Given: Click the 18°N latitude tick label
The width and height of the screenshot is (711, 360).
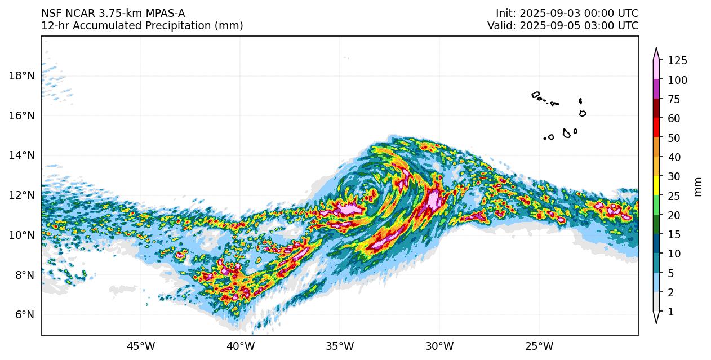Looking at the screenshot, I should tap(21, 76).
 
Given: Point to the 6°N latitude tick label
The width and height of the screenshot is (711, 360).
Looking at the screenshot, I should tap(24, 315).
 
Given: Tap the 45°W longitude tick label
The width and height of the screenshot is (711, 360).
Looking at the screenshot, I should tap(140, 346).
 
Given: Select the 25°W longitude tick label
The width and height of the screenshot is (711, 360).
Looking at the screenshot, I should tap(539, 346).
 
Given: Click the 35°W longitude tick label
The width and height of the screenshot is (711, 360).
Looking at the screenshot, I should tap(340, 346).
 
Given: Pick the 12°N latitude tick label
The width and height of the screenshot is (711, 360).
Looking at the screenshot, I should tap(21, 195).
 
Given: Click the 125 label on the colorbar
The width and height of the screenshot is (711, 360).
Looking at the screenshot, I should tap(677, 61).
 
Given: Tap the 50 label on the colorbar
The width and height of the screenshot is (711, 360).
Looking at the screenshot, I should tap(674, 138).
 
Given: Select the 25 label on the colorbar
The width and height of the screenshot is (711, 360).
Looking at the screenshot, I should tap(674, 195).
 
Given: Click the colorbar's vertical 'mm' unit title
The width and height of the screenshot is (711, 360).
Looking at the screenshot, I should tap(699, 186).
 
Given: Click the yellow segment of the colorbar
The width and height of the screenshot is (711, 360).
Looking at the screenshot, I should tap(656, 186).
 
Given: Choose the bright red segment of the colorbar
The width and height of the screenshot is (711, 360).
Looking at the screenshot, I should tap(656, 128).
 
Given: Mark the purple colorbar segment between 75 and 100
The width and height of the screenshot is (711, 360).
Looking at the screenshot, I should tap(656, 90).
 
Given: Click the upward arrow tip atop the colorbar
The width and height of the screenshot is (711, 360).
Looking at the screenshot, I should tap(656, 50).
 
